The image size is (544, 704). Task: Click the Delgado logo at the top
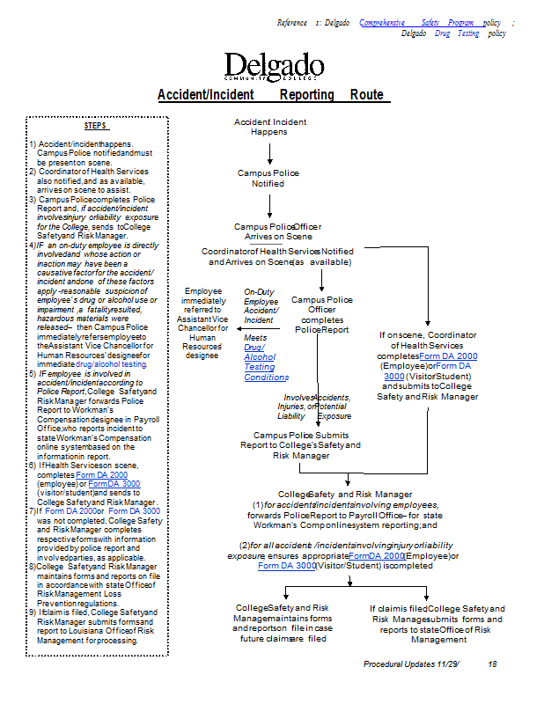(274, 68)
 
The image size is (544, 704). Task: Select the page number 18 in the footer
(492, 664)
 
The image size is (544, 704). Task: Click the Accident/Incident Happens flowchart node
(269, 127)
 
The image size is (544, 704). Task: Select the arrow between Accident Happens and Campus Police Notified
(270, 152)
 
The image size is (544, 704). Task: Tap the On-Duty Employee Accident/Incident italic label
(261, 305)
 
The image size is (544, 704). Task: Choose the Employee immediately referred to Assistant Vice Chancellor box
(202, 323)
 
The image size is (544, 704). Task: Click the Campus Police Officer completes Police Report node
(321, 314)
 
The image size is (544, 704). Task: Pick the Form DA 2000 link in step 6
(101, 475)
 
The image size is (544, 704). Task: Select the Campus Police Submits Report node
(300, 445)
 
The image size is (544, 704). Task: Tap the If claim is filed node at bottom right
(437, 623)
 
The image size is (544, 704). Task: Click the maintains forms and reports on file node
(283, 623)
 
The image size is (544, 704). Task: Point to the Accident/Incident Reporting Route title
(270, 95)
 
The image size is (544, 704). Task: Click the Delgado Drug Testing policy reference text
(452, 33)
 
